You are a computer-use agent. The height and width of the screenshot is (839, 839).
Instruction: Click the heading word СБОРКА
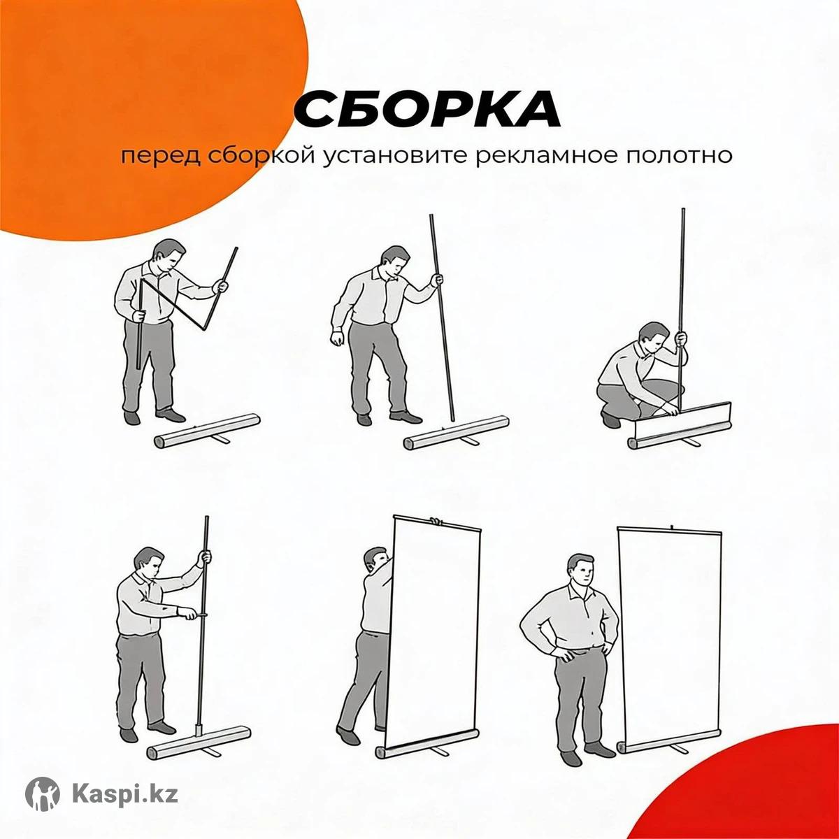(427, 109)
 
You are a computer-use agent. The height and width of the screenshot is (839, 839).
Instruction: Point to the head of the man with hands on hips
(582, 571)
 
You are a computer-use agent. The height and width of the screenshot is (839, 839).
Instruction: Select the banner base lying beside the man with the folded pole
(208, 432)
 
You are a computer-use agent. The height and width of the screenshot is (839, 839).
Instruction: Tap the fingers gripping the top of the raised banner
(434, 520)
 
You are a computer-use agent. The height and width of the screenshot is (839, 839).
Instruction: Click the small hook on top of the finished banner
(673, 528)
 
